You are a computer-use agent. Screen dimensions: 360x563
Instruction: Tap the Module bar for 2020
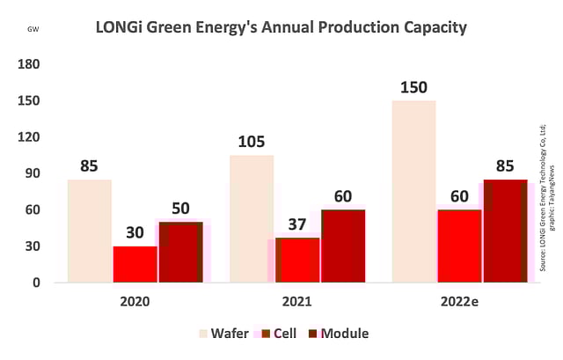(x=180, y=252)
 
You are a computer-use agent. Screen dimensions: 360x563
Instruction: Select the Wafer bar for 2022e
(x=413, y=191)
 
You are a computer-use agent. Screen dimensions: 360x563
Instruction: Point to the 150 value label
(x=413, y=88)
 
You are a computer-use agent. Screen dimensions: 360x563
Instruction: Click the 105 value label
(x=252, y=143)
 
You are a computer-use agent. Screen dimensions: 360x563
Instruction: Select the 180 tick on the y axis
(x=29, y=64)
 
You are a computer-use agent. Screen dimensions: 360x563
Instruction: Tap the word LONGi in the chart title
(x=120, y=28)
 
